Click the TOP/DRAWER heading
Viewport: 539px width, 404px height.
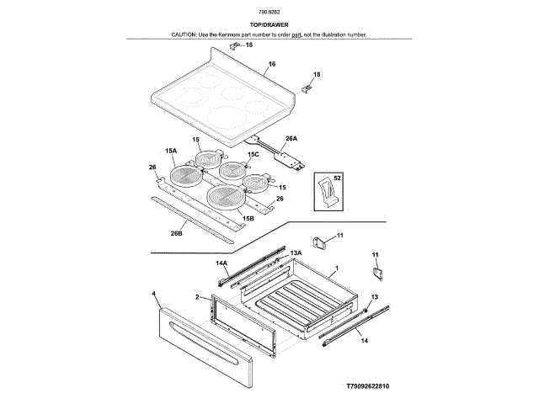[x=269, y=25]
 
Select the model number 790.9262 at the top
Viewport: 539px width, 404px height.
[x=269, y=12]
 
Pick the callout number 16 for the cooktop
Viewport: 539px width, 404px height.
[x=272, y=65]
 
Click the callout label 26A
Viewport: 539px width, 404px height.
[x=291, y=138]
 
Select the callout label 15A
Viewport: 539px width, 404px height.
[x=171, y=151]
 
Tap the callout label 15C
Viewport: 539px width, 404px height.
[x=253, y=156]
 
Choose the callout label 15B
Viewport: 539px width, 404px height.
[x=248, y=219]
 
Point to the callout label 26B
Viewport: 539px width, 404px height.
[x=176, y=233]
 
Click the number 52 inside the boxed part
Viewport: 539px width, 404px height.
[x=338, y=178]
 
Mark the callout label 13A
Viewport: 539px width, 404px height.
[x=296, y=252]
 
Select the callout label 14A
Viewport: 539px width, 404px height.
[x=221, y=263]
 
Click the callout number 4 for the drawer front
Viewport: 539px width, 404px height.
[x=155, y=294]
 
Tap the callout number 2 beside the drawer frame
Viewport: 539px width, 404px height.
[x=197, y=298]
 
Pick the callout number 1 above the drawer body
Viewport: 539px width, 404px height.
[x=336, y=268]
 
